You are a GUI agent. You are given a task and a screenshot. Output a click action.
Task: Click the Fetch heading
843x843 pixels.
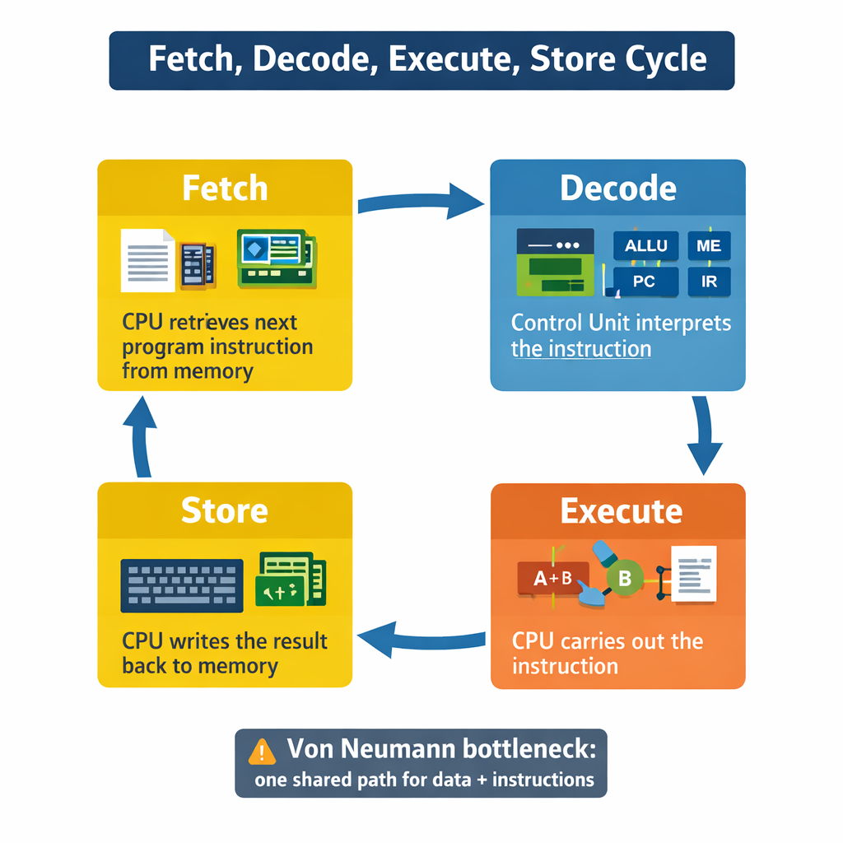tap(225, 189)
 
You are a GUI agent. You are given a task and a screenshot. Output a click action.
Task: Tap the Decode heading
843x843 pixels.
tap(618, 189)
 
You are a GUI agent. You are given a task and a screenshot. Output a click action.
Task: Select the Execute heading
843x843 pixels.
tap(622, 511)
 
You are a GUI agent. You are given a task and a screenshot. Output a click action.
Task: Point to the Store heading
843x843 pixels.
tap(225, 510)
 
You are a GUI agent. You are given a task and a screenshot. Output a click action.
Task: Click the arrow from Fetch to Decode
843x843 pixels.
tap(421, 200)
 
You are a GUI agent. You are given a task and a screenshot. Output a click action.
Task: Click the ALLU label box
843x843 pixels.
tap(646, 246)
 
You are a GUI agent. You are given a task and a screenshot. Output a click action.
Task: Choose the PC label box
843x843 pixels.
tap(645, 282)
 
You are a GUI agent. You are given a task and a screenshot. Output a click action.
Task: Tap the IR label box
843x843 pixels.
tap(709, 282)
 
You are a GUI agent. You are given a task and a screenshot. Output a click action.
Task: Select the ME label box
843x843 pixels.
tap(708, 246)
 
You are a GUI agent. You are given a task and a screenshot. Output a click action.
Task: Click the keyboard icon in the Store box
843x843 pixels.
tap(182, 585)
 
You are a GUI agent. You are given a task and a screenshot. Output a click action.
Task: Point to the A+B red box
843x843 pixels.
tap(552, 578)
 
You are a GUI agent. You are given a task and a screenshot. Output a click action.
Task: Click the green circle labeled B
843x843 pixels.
tap(624, 578)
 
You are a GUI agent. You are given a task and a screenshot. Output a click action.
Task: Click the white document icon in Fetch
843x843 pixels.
tap(148, 260)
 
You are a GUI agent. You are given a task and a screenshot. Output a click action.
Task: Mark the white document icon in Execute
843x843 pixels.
tap(694, 573)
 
